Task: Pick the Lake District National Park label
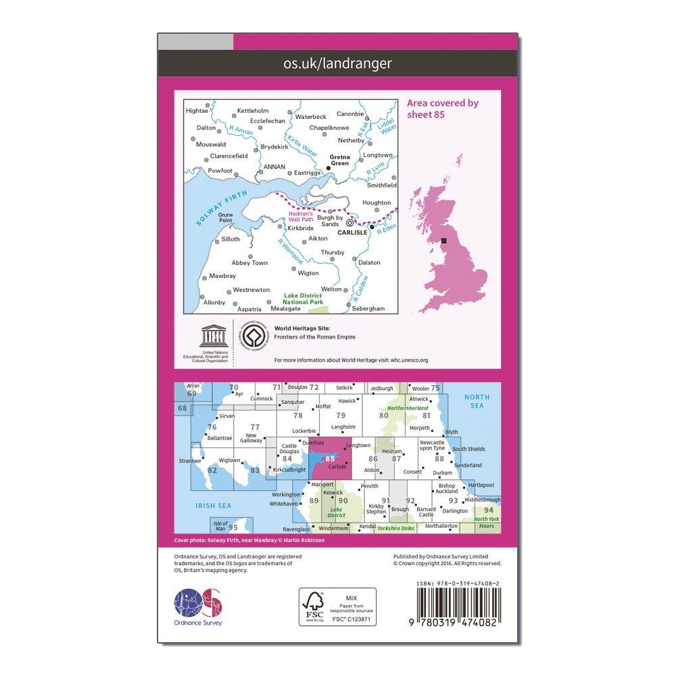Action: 304,298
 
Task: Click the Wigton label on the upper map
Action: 308,273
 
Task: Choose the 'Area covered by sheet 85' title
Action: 443,108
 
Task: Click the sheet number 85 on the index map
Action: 330,458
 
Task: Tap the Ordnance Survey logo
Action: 198,603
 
